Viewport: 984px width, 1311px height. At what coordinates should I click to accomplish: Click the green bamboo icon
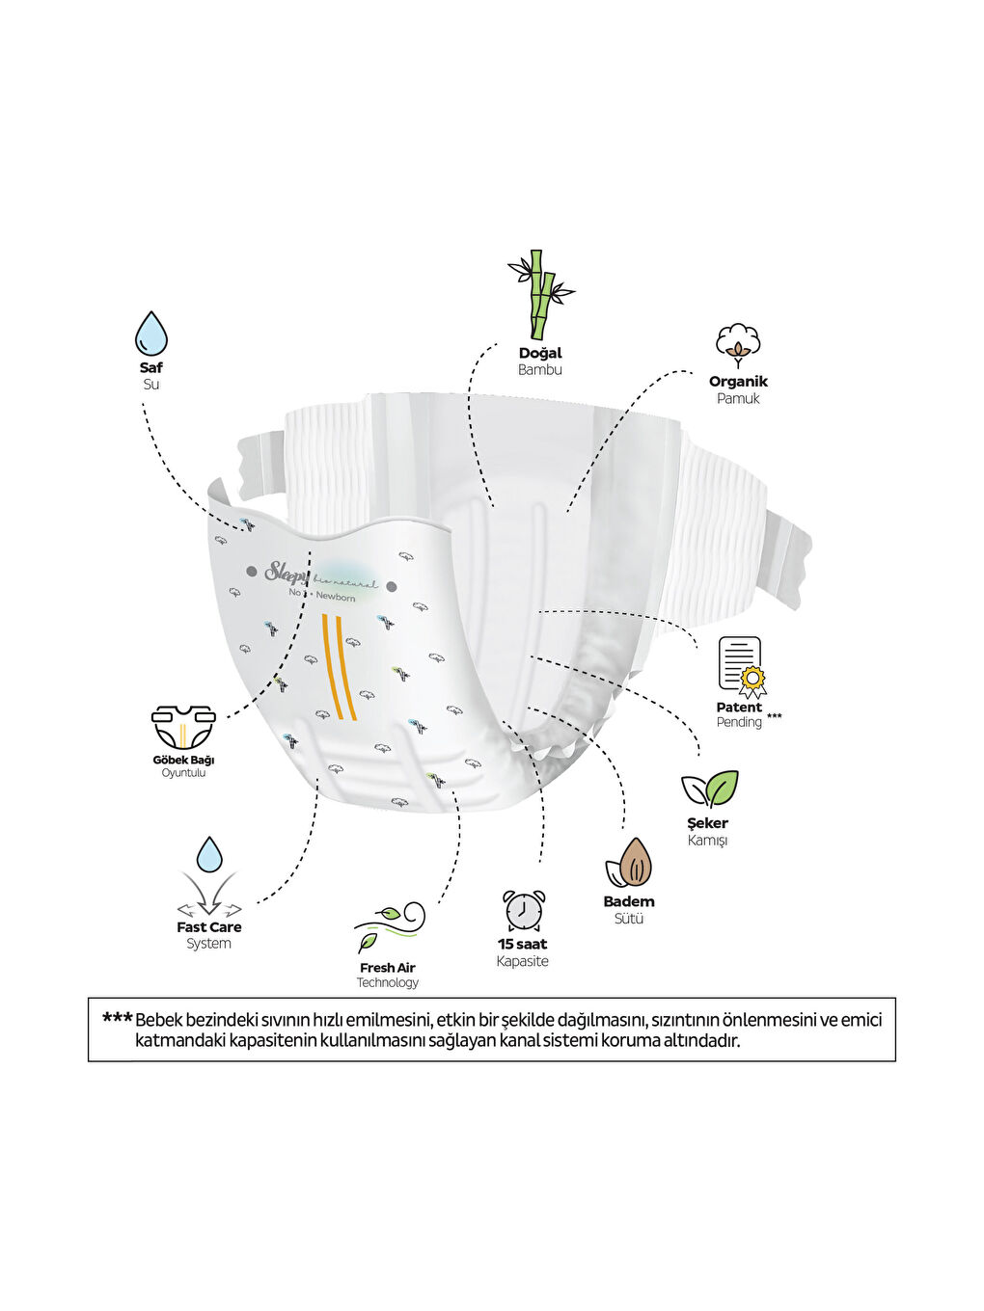tap(540, 294)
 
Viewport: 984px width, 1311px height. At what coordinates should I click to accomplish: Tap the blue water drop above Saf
tap(151, 334)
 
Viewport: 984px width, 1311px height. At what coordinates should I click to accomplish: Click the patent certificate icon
tap(741, 666)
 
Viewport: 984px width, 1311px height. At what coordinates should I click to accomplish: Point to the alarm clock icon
tap(523, 910)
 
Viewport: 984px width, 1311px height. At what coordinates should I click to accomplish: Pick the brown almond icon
tap(630, 863)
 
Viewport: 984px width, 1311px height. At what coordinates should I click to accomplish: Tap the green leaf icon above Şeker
tap(710, 789)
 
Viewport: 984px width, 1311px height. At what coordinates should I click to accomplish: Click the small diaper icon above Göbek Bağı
tap(183, 727)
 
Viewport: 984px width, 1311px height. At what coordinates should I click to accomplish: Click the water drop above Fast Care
tap(209, 855)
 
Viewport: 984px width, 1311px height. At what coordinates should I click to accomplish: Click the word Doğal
tap(540, 353)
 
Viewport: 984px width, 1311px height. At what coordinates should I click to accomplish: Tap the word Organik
tap(738, 381)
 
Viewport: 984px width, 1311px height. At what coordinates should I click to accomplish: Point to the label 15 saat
tap(522, 944)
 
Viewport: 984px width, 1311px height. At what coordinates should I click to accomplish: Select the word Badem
tap(629, 901)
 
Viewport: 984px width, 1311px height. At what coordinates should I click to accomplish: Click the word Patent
tap(739, 707)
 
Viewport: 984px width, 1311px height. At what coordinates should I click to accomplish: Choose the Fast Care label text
tap(209, 927)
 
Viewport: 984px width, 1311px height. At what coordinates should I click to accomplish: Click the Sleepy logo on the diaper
tap(287, 573)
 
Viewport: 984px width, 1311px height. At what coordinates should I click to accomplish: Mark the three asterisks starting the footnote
tap(117, 1019)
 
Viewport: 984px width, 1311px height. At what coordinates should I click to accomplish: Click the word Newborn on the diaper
tap(336, 597)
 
